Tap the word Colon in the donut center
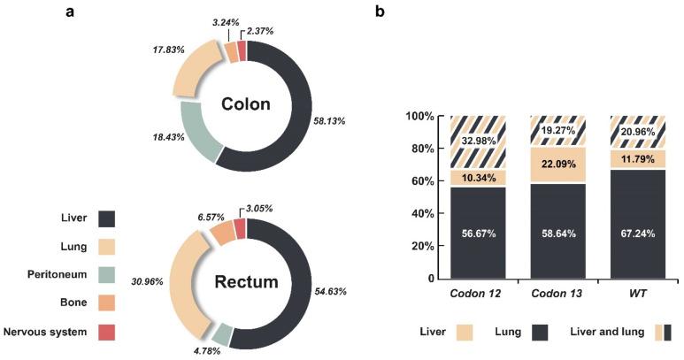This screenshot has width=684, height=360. click(x=247, y=105)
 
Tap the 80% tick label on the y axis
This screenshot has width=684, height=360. click(x=424, y=149)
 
